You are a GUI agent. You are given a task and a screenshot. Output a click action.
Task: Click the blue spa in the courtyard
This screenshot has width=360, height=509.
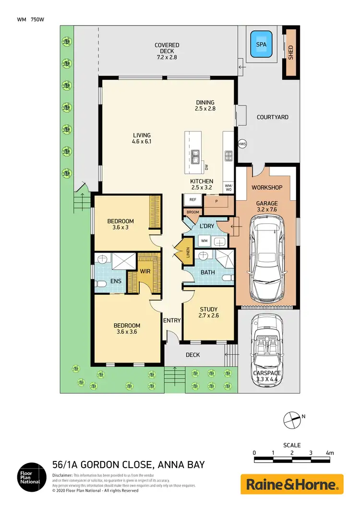pyautogui.click(x=261, y=44)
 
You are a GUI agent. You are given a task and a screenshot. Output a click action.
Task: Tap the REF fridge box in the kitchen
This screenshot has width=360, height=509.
pyautogui.click(x=192, y=199)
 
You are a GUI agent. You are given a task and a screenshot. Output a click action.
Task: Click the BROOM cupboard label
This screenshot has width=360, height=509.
pyautogui.click(x=192, y=211)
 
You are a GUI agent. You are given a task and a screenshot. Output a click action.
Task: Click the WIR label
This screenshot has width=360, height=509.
pyautogui.click(x=146, y=271)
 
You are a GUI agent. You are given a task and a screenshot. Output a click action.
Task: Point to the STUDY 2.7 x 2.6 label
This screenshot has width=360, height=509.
pyautogui.click(x=208, y=313)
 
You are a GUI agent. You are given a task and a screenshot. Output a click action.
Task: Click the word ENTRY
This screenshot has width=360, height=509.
pyautogui.click(x=172, y=320)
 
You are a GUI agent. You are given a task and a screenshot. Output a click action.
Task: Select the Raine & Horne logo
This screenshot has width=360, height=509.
pyautogui.click(x=292, y=484)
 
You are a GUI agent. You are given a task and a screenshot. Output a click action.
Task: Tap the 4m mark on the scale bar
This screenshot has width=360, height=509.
pyautogui.click(x=329, y=453)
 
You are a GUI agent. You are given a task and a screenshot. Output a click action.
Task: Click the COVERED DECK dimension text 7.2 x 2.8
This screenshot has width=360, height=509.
pyautogui.click(x=167, y=57)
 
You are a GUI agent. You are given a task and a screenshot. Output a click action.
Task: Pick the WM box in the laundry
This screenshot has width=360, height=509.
pyautogui.click(x=204, y=241)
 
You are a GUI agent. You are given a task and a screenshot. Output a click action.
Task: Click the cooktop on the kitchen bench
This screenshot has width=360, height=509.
pyautogui.click(x=228, y=156)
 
